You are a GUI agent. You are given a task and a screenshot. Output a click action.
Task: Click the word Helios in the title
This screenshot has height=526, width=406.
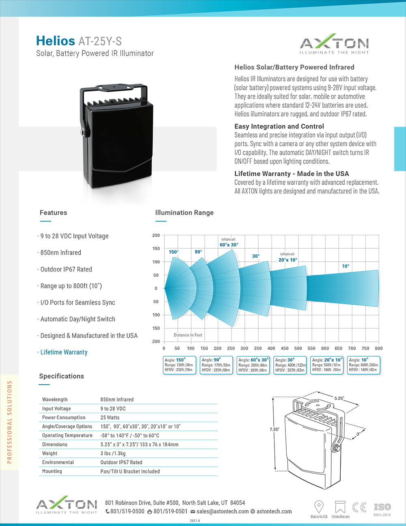[55, 41]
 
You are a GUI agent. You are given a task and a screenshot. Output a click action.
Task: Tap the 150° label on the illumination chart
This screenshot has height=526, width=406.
[173, 252]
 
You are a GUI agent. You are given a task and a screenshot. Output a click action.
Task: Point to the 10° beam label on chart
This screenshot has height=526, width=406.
[346, 266]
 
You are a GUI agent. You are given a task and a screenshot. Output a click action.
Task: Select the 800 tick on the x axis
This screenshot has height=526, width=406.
[378, 348]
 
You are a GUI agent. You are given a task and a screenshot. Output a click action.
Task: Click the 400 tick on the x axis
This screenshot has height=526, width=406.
[271, 348]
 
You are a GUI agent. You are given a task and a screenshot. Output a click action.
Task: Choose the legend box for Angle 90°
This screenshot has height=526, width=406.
[216, 365]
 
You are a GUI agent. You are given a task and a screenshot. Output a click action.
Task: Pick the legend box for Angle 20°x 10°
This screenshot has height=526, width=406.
[327, 365]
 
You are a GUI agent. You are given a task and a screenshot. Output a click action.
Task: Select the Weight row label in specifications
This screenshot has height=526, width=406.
[50, 453]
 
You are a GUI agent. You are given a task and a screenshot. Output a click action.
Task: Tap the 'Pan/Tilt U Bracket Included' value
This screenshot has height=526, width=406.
[130, 472]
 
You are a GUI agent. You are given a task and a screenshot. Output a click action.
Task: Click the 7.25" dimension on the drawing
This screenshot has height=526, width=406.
[274, 429]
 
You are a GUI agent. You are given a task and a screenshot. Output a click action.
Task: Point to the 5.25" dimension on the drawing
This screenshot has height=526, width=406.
[339, 398]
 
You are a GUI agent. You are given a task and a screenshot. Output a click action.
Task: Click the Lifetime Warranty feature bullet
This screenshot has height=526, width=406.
[64, 352]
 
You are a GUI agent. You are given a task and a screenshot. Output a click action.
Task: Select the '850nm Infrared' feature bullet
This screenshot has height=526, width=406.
[60, 253]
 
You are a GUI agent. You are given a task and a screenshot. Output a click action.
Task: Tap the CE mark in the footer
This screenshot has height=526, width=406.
[359, 507]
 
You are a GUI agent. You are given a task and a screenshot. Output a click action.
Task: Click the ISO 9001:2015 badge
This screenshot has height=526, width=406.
[382, 509]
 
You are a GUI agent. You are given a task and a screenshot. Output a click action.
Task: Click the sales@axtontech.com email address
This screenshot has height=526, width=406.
[222, 511]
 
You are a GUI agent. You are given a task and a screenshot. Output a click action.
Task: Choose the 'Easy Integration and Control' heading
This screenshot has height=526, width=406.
[279, 126]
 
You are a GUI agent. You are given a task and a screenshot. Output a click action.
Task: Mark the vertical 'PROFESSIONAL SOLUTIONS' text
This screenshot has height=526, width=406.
[10, 422]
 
